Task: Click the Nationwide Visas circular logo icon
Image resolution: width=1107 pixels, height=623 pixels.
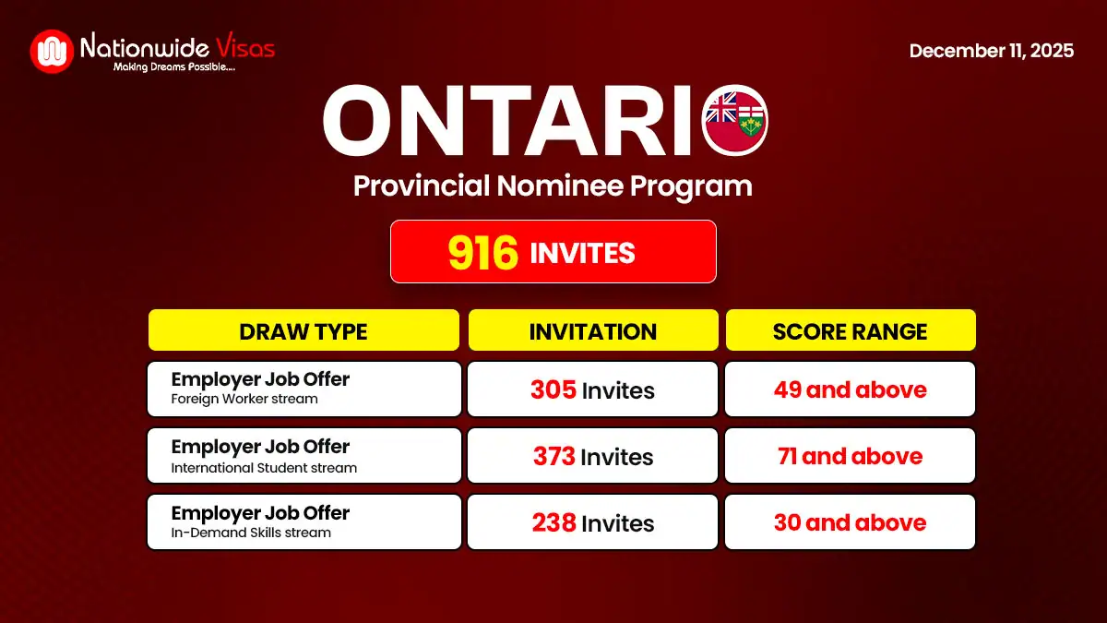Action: [52, 52]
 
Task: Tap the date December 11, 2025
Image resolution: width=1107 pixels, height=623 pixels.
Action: [991, 51]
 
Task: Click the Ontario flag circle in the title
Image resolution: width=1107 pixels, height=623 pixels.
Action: [734, 121]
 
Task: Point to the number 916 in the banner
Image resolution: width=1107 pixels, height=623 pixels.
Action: [482, 252]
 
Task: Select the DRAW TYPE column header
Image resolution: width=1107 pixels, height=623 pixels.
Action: [304, 330]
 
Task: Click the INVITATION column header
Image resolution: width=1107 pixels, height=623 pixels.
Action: [592, 330]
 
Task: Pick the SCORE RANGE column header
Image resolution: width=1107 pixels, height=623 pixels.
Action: [850, 330]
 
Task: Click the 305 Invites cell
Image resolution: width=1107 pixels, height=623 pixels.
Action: [592, 389]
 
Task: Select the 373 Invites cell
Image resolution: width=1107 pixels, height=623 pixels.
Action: [592, 456]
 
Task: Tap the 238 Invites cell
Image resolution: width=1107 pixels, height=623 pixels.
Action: [592, 522]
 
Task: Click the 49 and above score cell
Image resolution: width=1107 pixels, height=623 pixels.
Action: [850, 389]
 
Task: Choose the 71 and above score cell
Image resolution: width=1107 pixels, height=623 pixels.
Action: [850, 456]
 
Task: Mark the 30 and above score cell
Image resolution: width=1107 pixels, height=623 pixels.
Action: [850, 522]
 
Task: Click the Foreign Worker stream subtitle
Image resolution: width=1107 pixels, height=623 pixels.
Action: [244, 400]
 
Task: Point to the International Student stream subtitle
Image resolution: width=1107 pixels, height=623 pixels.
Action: [264, 468]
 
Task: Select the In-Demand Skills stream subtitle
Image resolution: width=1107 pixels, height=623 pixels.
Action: [251, 533]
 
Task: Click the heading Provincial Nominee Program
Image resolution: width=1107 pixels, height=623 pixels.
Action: [553, 186]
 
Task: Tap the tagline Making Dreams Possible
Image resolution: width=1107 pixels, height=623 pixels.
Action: [173, 67]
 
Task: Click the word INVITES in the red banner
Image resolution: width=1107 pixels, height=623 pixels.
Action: [582, 252]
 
